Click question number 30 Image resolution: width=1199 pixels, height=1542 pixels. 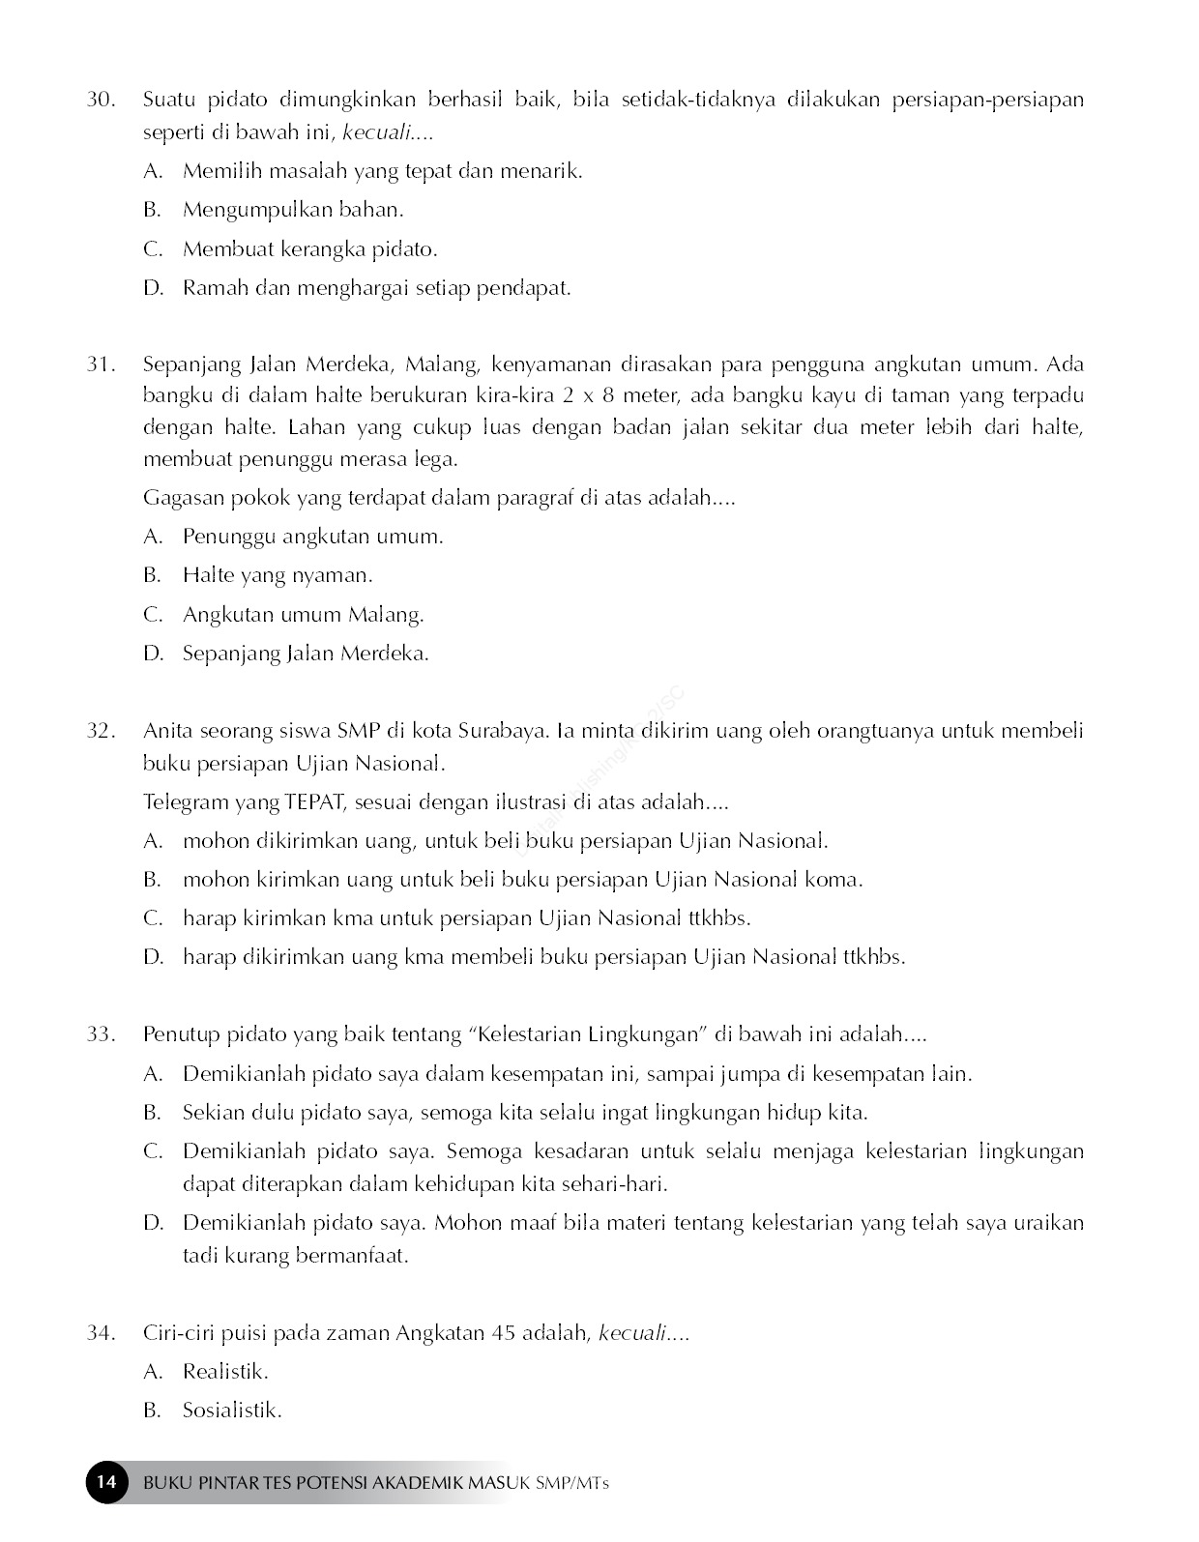click(x=101, y=100)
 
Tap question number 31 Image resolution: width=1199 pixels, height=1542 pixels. click(x=101, y=364)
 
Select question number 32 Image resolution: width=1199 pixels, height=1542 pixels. click(x=101, y=731)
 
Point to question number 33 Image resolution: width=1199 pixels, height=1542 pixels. click(x=101, y=1034)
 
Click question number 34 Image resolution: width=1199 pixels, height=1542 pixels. click(x=101, y=1333)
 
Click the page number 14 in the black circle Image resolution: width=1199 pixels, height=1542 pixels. click(x=107, y=1482)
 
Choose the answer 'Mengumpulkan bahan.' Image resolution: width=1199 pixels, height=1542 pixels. click(x=293, y=210)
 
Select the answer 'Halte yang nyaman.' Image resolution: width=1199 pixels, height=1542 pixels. click(x=278, y=575)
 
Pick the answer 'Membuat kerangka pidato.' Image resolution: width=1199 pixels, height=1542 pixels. click(x=309, y=249)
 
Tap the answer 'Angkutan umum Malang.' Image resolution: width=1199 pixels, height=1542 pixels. click(x=303, y=615)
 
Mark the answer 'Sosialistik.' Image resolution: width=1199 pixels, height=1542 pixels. click(x=232, y=1411)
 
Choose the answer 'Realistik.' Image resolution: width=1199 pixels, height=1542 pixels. click(x=225, y=1372)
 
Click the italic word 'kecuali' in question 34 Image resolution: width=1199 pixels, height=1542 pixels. click(x=633, y=1333)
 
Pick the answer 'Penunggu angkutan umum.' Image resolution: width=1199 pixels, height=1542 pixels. click(x=312, y=537)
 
